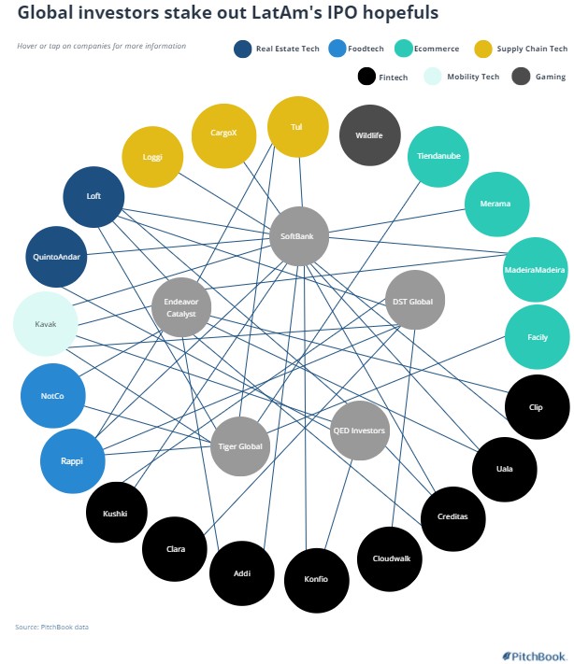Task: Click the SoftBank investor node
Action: coord(298,236)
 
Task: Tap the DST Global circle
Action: coord(415,301)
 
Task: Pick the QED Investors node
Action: coord(359,431)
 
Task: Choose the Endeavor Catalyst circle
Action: coord(182,307)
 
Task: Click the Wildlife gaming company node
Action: coord(370,135)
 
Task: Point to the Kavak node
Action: coord(45,324)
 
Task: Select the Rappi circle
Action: coord(72,460)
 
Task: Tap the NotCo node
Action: coord(51,396)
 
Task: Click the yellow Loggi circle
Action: coord(153,157)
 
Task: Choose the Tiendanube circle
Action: coord(438,156)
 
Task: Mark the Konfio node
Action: coord(316,579)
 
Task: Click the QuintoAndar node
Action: coord(58,257)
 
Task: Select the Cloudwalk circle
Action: coord(390,558)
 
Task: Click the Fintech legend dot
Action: coord(366,77)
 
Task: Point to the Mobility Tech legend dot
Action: coord(434,77)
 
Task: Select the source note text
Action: coord(51,627)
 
